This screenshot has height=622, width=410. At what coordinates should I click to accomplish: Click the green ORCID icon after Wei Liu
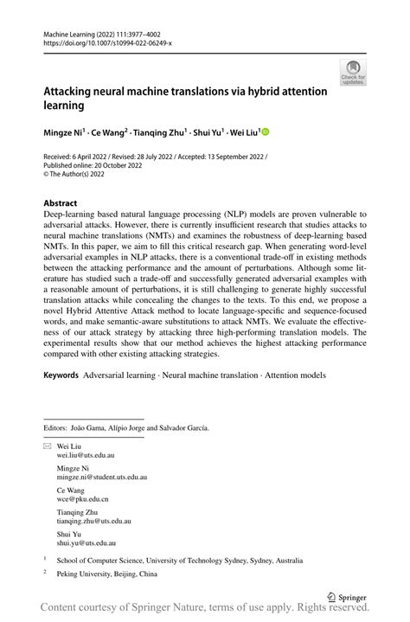(265, 132)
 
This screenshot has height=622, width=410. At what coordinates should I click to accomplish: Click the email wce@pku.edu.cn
(77, 499)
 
